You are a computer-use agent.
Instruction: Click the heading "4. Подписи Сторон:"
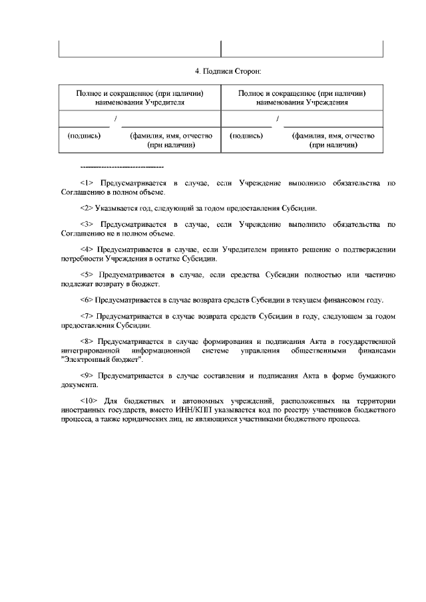[x=222, y=70]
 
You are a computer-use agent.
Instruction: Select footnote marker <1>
[x=88, y=182]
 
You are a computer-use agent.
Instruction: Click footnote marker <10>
[x=90, y=401]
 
